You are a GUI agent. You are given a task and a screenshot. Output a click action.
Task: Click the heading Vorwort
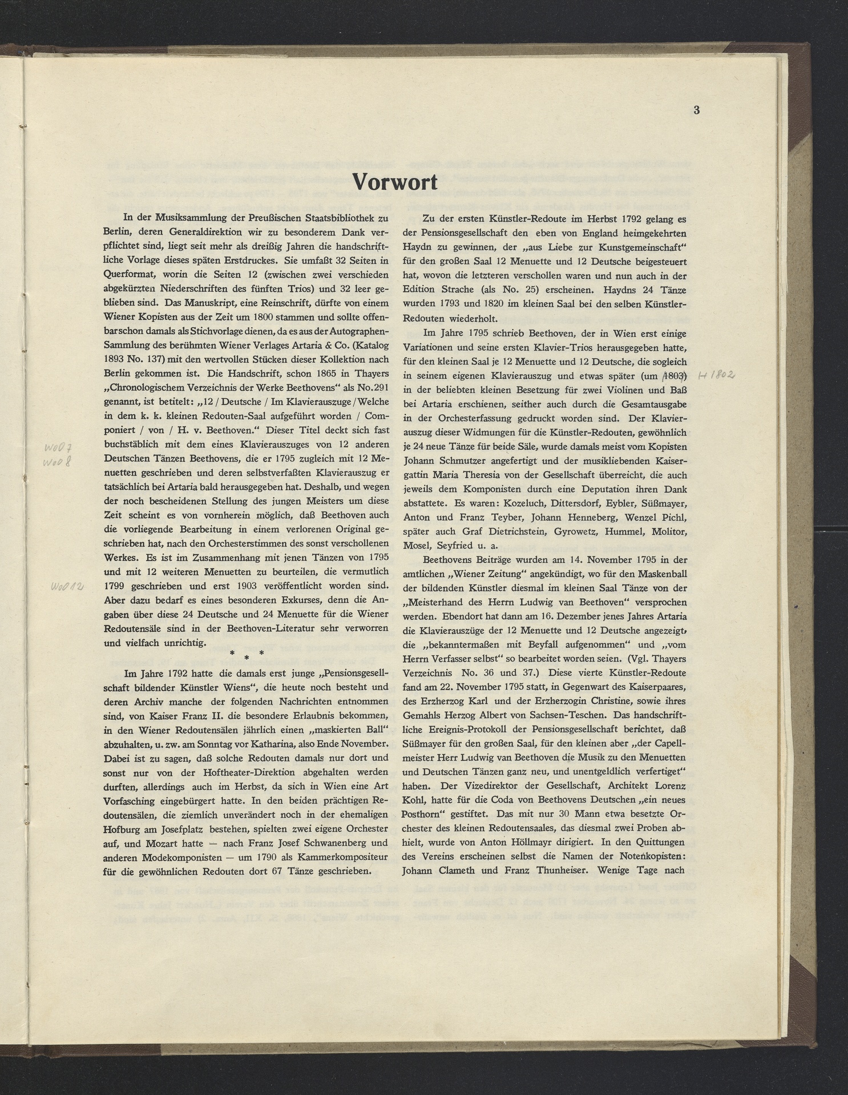click(395, 182)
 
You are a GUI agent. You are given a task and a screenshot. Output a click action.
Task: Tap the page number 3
click(696, 111)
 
